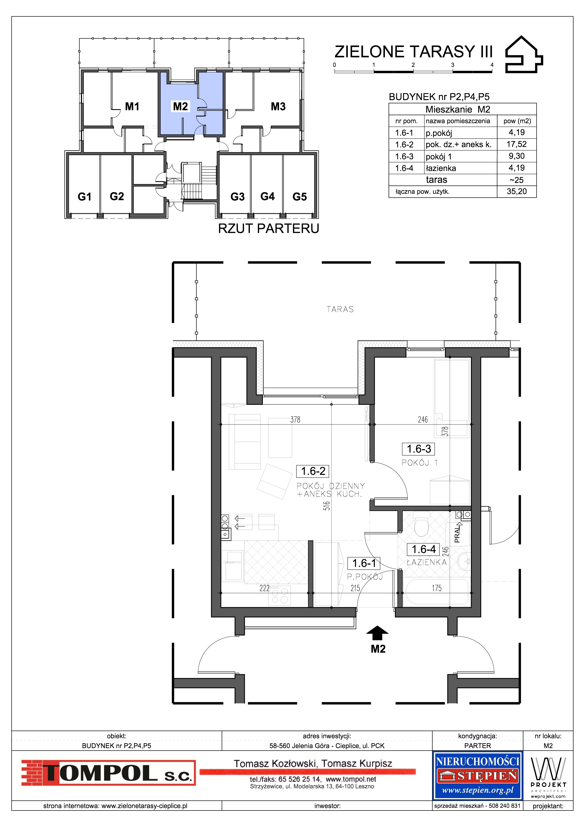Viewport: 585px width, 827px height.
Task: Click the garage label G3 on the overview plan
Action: (x=238, y=197)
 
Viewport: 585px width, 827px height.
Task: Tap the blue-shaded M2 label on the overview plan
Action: (x=181, y=106)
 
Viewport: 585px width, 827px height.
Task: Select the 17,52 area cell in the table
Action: (x=516, y=144)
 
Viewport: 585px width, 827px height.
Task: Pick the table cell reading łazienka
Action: (x=441, y=168)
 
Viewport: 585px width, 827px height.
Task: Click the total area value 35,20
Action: (x=516, y=191)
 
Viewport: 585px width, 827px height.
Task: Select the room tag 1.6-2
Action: (x=313, y=471)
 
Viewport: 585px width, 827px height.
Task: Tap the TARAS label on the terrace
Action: (x=340, y=309)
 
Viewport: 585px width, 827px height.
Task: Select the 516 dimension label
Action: (x=327, y=506)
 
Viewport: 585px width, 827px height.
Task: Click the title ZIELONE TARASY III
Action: (x=413, y=52)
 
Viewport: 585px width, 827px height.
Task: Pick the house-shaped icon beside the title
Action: (x=524, y=54)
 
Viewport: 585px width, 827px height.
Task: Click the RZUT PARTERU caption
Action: (x=269, y=228)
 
